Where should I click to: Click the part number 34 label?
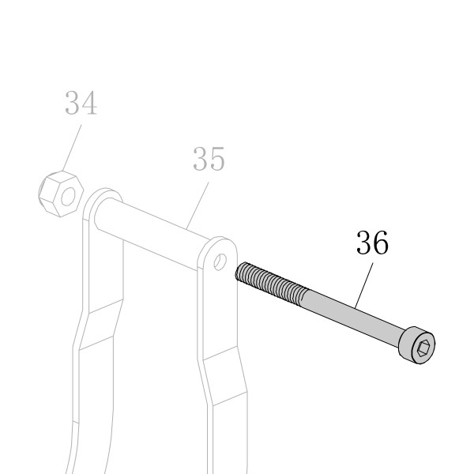click(x=81, y=103)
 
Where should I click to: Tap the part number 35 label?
click(x=209, y=159)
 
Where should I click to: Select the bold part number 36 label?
click(x=372, y=243)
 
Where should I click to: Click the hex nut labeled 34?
click(x=61, y=194)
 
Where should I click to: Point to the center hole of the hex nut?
click(x=68, y=197)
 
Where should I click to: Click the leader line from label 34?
click(x=72, y=148)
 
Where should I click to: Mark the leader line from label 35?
click(x=197, y=205)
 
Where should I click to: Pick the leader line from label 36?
click(x=364, y=285)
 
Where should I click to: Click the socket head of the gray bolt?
click(x=418, y=345)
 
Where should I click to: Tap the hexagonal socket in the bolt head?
click(x=423, y=348)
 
